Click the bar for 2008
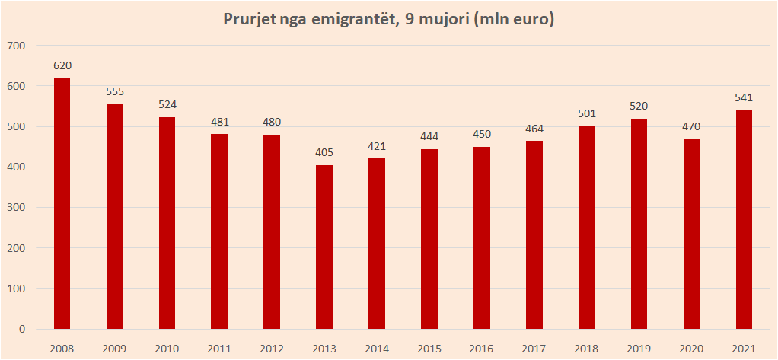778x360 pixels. coord(62,204)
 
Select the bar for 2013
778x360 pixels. coord(324,247)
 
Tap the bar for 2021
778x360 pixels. coord(744,220)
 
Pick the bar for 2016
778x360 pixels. coord(481,238)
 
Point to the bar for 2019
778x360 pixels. coord(639,224)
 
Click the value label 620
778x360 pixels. coord(62,65)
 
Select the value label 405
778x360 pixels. coord(324,152)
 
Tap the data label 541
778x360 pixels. coord(744,97)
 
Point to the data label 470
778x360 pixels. coord(691,126)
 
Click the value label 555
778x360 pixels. coord(114,92)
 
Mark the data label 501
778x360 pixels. coord(586,113)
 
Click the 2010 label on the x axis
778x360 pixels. coord(167,348)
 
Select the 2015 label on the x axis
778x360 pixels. coord(429,348)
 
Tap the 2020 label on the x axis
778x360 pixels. coord(691,348)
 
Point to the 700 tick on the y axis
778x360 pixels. coord(16,46)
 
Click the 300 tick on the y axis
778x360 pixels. coord(16,208)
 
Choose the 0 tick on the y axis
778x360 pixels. coord(23,330)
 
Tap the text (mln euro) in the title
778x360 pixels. coord(513,20)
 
